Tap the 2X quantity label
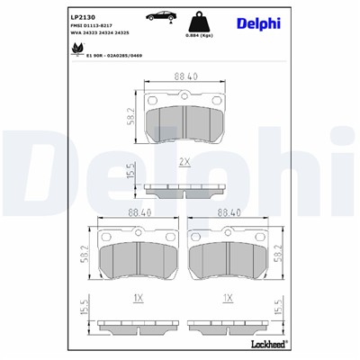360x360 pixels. [184, 162]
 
